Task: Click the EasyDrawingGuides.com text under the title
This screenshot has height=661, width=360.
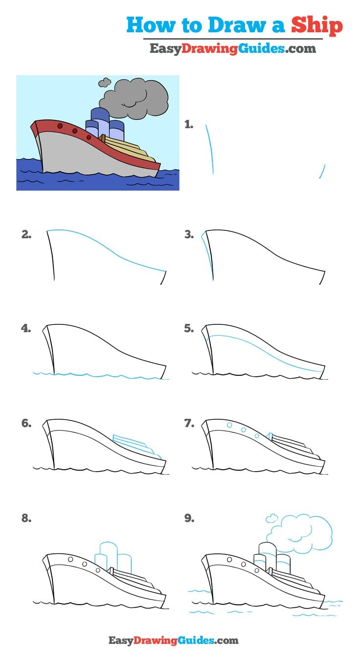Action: (x=232, y=49)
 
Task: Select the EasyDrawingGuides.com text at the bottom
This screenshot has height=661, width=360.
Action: (x=173, y=640)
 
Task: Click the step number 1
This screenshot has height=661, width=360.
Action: (x=189, y=125)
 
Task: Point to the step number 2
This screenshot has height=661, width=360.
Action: (x=26, y=234)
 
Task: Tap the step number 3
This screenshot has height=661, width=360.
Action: (x=189, y=234)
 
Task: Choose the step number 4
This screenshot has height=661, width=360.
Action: (x=26, y=329)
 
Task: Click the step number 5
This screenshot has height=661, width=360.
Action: (x=189, y=329)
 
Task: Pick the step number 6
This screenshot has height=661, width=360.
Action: (x=26, y=424)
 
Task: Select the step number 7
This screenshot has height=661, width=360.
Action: (x=189, y=424)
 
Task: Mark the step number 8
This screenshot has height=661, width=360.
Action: (x=26, y=518)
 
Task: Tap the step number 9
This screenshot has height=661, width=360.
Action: (x=189, y=518)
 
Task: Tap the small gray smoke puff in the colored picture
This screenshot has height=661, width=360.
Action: (x=104, y=83)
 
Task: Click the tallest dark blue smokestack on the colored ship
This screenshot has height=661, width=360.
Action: (x=100, y=120)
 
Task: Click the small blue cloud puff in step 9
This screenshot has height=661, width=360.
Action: (x=271, y=518)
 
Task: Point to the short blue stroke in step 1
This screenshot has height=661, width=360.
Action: (x=322, y=171)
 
